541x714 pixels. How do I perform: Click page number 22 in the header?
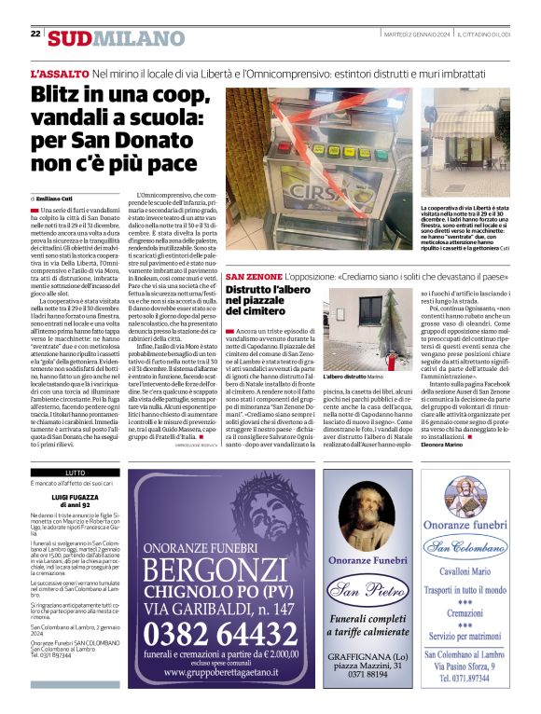pos(35,34)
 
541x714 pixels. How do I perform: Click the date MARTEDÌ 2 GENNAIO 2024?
pos(417,34)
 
